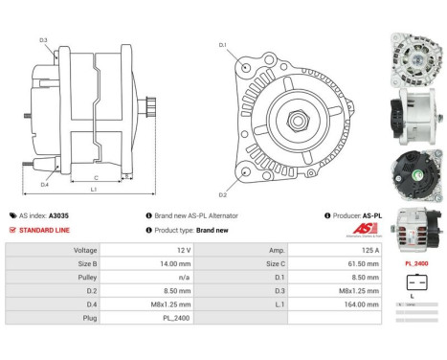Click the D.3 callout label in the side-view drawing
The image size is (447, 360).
coord(43,39)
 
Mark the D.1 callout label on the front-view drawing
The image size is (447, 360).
coord(222,45)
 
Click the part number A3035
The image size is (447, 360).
coord(58,216)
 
